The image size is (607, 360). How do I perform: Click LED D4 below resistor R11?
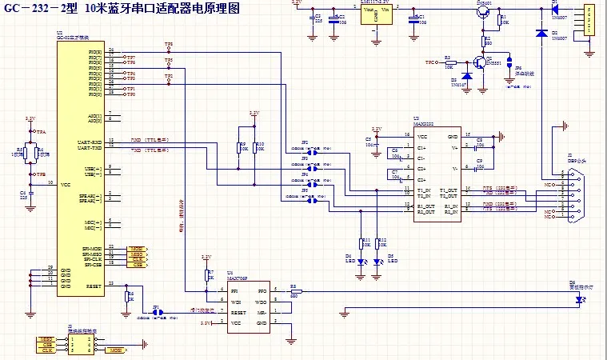click(361, 261)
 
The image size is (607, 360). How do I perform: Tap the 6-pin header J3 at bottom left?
click(81, 344)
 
